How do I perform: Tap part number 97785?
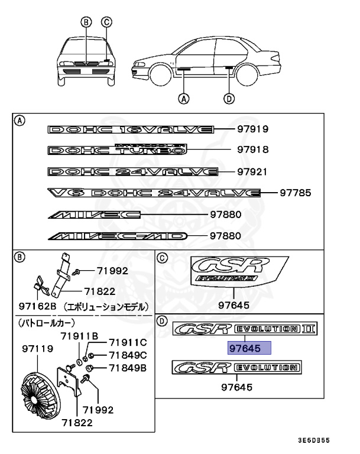pos(294,193)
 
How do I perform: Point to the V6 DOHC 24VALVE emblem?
pos(154,193)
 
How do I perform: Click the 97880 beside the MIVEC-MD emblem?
pos(225,236)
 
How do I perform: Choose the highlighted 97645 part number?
pos(245,348)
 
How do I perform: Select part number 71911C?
pos(127,342)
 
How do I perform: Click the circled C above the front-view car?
pos(106,22)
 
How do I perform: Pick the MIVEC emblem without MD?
pos(95,215)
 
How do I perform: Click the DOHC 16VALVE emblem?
pos(130,129)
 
